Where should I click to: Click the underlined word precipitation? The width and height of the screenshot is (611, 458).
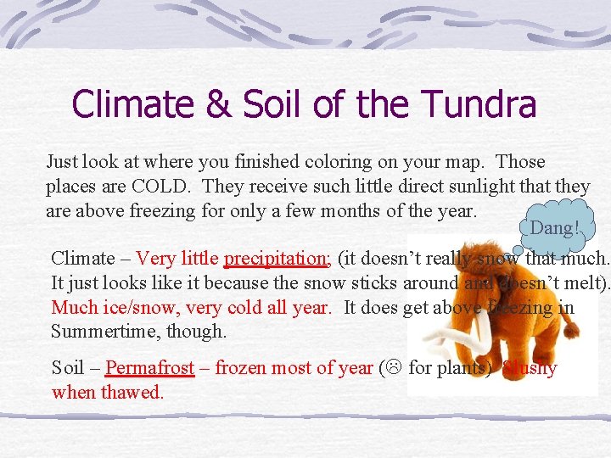277,259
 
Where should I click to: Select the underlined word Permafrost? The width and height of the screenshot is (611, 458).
150,368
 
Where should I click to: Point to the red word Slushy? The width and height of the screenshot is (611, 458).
530,368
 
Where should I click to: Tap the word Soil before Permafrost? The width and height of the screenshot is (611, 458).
68,368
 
